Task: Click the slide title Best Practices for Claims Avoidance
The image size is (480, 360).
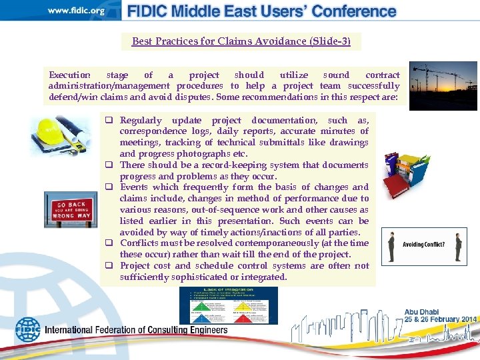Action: pyautogui.click(x=241, y=41)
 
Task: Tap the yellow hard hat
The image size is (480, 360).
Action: pyautogui.click(x=50, y=131)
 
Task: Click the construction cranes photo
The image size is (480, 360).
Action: pyautogui.click(x=443, y=85)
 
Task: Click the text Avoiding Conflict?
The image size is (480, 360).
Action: pyautogui.click(x=423, y=244)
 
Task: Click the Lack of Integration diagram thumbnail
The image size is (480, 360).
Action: pyautogui.click(x=228, y=305)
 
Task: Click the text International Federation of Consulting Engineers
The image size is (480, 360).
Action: pyautogui.click(x=136, y=330)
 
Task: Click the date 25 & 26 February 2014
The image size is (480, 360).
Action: pyautogui.click(x=440, y=320)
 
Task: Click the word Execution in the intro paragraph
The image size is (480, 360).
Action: pyautogui.click(x=69, y=75)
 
